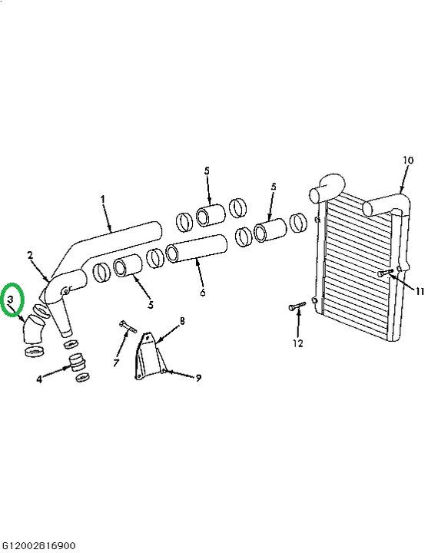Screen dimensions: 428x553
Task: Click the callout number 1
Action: pos(103,200)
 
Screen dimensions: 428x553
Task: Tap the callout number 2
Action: pos(30,255)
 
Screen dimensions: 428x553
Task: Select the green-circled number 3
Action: pos(11,300)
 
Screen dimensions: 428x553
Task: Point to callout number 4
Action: pos(39,379)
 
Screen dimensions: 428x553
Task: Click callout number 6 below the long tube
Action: pos(203,293)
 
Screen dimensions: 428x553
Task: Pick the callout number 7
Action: pos(117,363)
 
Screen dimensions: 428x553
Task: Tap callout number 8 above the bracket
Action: pos(182,321)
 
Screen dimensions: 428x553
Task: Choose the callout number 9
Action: pos(198,378)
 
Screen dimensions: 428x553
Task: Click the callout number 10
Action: pos(408,160)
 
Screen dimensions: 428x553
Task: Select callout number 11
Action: pos(420,291)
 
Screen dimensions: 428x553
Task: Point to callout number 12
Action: pos(298,343)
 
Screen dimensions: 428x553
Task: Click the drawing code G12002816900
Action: pos(38,546)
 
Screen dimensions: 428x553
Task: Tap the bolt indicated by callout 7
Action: pos(128,326)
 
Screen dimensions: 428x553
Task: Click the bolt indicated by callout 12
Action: pos(297,306)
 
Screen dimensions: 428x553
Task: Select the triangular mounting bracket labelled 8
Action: pos(149,356)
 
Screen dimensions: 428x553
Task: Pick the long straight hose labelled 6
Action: pos(197,248)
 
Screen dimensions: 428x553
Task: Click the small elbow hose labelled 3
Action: pos(33,329)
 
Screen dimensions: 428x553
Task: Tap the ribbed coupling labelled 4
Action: pos(78,363)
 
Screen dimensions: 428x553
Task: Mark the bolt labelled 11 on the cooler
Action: pos(385,272)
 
